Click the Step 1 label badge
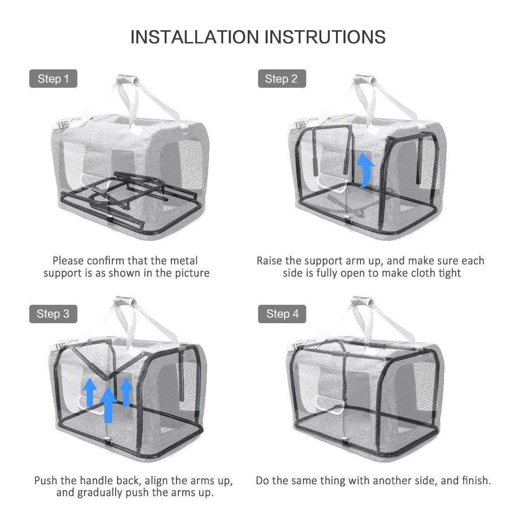pyautogui.click(x=53, y=79)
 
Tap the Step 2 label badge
pyautogui.click(x=282, y=79)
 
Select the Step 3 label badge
pyautogui.click(x=53, y=314)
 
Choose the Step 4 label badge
pyautogui.click(x=282, y=314)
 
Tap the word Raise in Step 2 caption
pyautogui.click(x=270, y=260)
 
